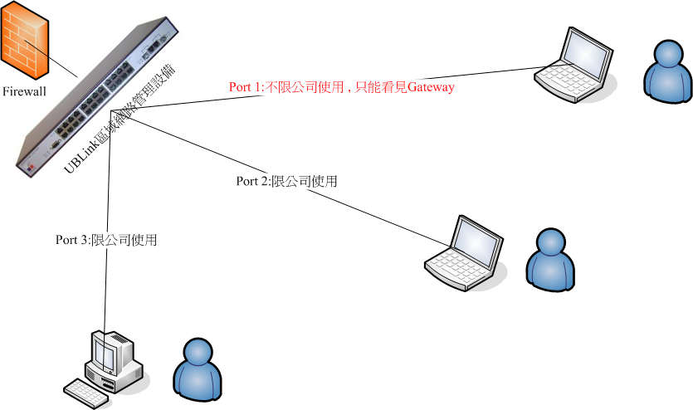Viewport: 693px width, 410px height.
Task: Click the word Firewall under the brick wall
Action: (25, 90)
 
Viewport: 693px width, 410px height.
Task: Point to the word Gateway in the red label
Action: (431, 86)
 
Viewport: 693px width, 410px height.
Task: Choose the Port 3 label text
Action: (106, 240)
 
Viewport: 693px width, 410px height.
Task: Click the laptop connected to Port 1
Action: (573, 63)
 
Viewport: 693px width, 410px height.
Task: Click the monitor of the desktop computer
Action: (105, 353)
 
